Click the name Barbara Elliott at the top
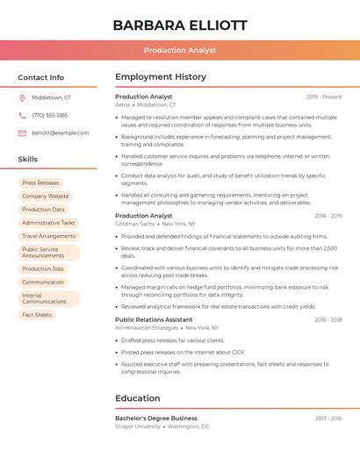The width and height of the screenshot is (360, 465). click(x=180, y=25)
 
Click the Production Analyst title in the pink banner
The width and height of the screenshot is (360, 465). click(x=180, y=51)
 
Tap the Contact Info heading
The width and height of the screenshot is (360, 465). click(x=41, y=77)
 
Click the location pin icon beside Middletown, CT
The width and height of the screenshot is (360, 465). click(x=22, y=97)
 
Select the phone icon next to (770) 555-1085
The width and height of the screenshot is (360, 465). click(x=22, y=115)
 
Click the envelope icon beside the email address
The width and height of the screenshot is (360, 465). click(x=22, y=132)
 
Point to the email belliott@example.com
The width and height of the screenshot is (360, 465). click(x=60, y=132)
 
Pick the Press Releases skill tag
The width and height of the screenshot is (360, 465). click(x=40, y=182)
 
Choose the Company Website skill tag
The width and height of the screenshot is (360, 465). click(x=45, y=197)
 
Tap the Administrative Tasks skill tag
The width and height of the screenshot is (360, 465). click(x=48, y=223)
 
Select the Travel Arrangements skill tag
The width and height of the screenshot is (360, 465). click(x=48, y=236)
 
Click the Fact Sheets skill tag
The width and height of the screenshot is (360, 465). click(x=37, y=315)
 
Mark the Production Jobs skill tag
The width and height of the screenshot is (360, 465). click(x=43, y=268)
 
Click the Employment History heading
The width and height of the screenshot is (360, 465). click(x=161, y=77)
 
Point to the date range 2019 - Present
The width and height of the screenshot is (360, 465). click(x=324, y=97)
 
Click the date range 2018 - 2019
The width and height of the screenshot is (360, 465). click(x=328, y=216)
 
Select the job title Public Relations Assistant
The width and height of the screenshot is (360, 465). click(x=154, y=319)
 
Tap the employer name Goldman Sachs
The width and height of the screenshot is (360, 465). click(x=134, y=224)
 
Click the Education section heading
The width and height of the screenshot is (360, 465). click(x=138, y=398)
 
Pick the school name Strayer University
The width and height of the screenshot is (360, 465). click(x=138, y=426)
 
